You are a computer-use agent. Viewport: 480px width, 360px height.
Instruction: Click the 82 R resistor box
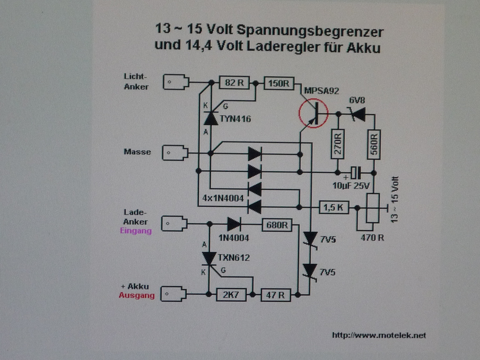[234, 82]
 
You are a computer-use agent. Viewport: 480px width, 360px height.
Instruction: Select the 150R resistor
[279, 83]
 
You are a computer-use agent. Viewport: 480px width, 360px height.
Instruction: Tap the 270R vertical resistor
[338, 144]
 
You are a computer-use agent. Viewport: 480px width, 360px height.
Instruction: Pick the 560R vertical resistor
[374, 144]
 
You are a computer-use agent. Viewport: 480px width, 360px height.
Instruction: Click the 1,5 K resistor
[334, 207]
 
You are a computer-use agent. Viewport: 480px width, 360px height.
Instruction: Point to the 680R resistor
[277, 225]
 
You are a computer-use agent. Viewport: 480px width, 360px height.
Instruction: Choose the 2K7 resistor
[231, 295]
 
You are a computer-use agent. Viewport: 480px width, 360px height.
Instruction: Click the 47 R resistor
[276, 295]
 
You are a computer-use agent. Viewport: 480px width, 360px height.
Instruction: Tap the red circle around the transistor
[299, 113]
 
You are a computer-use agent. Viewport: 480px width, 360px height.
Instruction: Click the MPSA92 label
[322, 91]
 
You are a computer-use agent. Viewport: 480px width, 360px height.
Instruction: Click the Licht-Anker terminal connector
[176, 82]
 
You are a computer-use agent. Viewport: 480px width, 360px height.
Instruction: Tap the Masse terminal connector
[175, 153]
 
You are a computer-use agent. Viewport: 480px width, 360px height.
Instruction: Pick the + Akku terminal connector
[173, 294]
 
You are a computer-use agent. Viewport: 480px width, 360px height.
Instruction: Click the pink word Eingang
[136, 231]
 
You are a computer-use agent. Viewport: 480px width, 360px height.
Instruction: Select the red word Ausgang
[137, 295]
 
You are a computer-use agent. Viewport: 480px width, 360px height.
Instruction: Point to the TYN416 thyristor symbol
[211, 118]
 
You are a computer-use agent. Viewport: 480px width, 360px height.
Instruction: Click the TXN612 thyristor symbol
[209, 259]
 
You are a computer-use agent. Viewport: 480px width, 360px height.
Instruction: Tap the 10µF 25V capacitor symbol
[356, 173]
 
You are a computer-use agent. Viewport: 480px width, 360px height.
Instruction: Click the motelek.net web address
[379, 335]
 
